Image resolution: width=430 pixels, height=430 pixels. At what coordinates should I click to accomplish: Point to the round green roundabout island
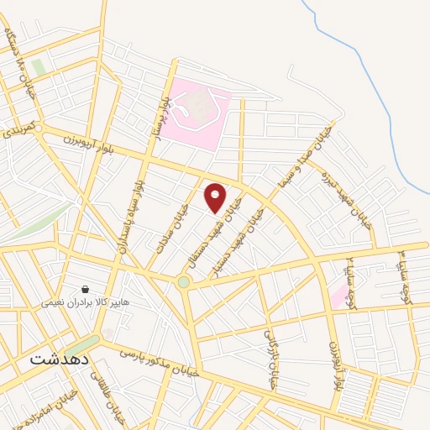184,282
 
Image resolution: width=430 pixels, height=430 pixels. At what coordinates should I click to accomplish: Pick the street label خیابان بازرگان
270,357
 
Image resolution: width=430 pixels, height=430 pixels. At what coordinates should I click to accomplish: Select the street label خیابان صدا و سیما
302,160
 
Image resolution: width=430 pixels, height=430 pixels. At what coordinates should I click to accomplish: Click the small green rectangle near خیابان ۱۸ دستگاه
38,67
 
